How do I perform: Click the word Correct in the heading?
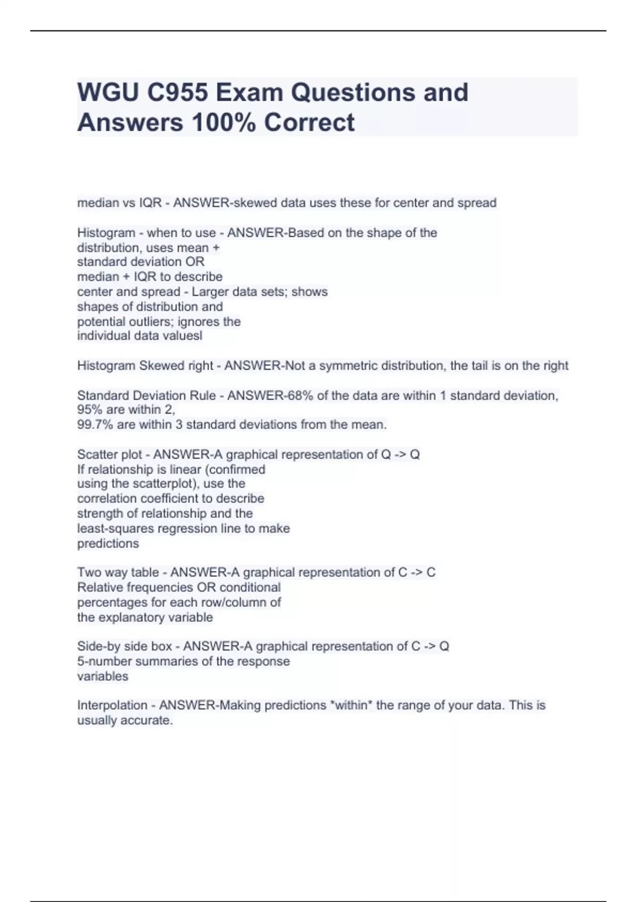click(x=309, y=123)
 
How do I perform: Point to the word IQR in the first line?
click(x=150, y=203)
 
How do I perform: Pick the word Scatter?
click(x=97, y=455)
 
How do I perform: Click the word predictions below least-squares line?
click(x=108, y=543)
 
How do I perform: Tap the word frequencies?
click(x=157, y=587)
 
